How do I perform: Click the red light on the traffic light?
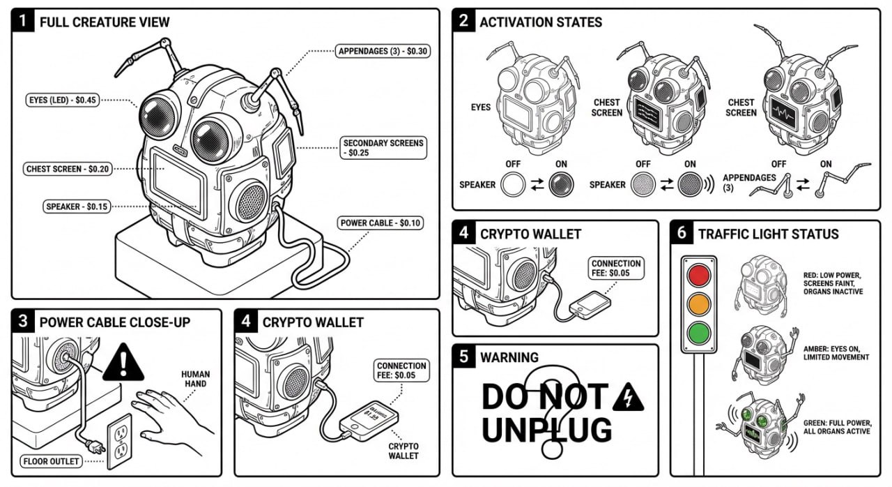click(x=698, y=275)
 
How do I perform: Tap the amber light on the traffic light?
click(x=698, y=303)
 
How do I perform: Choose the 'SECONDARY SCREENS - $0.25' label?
click(x=383, y=147)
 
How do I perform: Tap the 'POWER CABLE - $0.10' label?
click(x=380, y=223)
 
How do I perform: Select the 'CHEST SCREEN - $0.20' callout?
click(x=67, y=169)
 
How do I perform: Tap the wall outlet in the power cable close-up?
click(x=119, y=441)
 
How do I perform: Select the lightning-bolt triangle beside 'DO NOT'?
click(x=628, y=397)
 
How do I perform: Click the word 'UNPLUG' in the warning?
click(x=546, y=430)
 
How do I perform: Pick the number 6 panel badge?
click(x=682, y=234)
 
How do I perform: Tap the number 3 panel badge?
click(x=24, y=322)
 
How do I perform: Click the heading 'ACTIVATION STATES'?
click(x=540, y=22)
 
